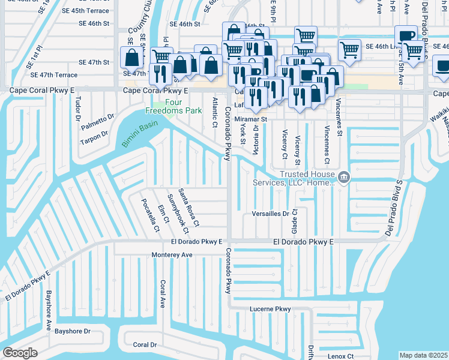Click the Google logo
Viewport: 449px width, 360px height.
pyautogui.click(x=20, y=353)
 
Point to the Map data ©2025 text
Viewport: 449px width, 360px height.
pyautogui.click(x=423, y=355)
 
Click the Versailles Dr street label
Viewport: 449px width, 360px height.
pyautogui.click(x=271, y=213)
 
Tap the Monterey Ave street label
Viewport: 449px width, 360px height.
pyautogui.click(x=172, y=254)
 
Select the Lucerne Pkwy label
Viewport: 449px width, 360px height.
pyautogui.click(x=270, y=309)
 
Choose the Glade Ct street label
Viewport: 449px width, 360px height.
pyautogui.click(x=294, y=222)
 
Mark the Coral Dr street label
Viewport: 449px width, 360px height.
pyautogui.click(x=145, y=344)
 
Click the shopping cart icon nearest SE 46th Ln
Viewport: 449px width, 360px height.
pyautogui.click(x=349, y=50)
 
